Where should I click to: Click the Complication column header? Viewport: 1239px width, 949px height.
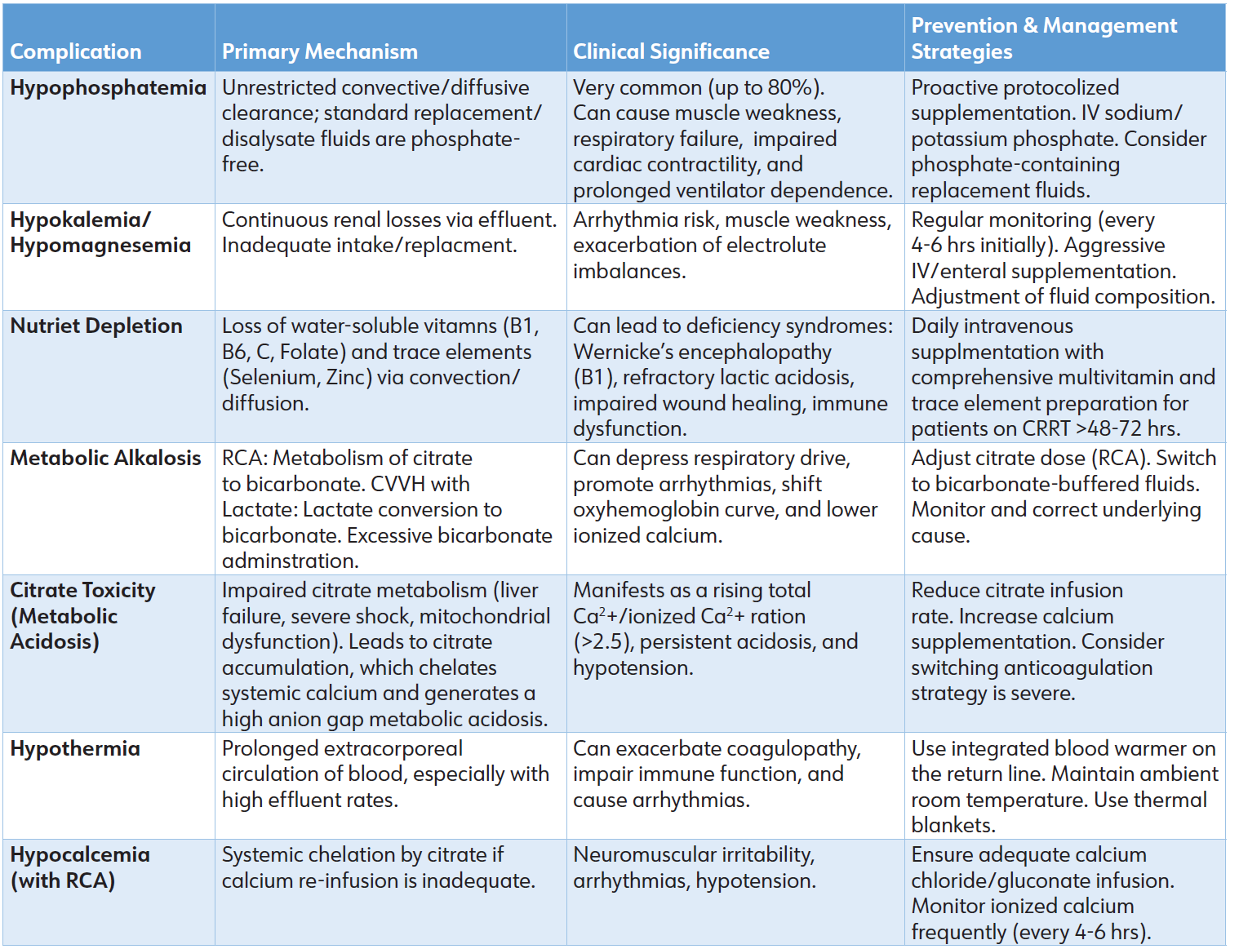pyautogui.click(x=76, y=51)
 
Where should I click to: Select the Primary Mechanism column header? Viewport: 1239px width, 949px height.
pyautogui.click(x=319, y=51)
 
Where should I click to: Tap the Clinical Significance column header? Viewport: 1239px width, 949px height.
pyautogui.click(x=671, y=51)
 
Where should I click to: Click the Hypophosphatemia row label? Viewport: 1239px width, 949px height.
pyautogui.click(x=108, y=87)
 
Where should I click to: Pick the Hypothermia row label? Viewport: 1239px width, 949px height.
pyautogui.click(x=75, y=748)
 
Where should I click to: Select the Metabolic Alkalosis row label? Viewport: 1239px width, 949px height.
pyautogui.click(x=105, y=458)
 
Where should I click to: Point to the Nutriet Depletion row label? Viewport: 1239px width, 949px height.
pyautogui.click(x=96, y=326)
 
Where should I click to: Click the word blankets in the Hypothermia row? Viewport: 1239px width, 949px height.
pyautogui.click(x=952, y=825)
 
